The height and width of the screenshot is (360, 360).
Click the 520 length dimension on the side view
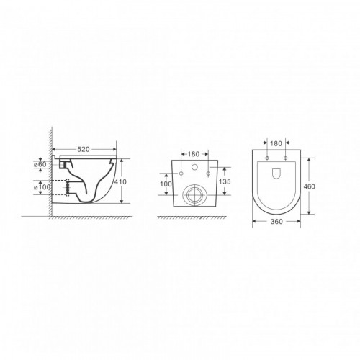tap(84, 149)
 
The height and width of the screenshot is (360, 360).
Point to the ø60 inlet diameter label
tap(40, 164)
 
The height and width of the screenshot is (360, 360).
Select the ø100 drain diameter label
tap(42, 186)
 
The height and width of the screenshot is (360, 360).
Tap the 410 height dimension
tap(120, 182)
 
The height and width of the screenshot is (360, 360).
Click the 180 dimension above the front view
tap(194, 154)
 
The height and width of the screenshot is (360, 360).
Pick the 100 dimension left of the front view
tap(166, 184)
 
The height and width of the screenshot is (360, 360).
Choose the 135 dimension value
tap(225, 181)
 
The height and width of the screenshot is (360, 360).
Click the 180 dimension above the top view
tap(276, 143)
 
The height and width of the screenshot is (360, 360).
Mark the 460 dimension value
tap(309, 186)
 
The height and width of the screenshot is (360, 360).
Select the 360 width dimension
tap(276, 222)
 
